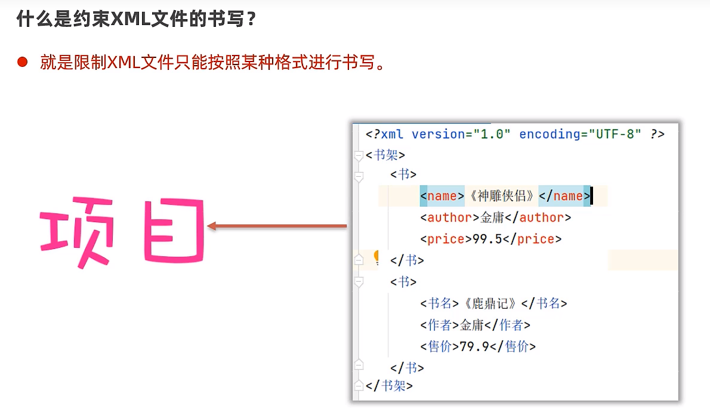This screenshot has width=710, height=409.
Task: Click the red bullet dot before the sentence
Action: (x=23, y=62)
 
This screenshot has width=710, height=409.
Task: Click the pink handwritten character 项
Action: (x=76, y=230)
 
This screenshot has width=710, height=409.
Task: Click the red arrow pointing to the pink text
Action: (x=277, y=226)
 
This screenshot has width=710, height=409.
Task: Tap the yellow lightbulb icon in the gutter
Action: (x=377, y=257)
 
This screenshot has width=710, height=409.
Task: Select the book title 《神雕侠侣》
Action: (x=501, y=196)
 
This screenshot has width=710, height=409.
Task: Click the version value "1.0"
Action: (x=492, y=134)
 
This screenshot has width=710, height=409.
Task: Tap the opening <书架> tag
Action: (x=385, y=155)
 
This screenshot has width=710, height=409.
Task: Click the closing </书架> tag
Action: (x=389, y=386)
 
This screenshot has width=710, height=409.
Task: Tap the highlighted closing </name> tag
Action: (x=564, y=196)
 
